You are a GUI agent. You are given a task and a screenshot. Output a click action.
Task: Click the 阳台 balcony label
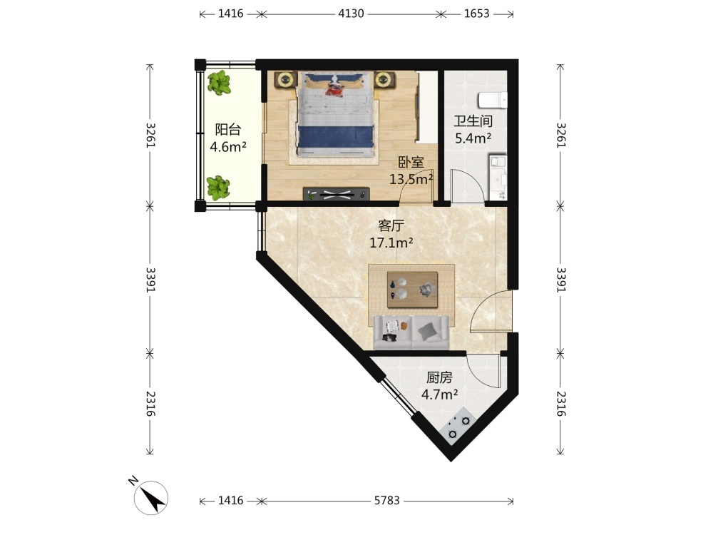(x=228, y=130)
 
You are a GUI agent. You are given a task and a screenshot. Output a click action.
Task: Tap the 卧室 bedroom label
(x=411, y=162)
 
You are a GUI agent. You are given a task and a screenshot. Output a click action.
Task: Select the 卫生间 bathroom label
(x=473, y=121)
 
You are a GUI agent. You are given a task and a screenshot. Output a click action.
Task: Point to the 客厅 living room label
(x=391, y=225)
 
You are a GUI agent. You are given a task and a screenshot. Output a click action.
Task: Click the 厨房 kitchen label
(x=439, y=377)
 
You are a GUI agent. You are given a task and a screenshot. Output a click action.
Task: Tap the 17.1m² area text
(x=391, y=243)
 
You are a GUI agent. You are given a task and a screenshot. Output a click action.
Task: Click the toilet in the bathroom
(x=493, y=100)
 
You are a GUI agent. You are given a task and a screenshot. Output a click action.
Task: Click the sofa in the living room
(x=411, y=332)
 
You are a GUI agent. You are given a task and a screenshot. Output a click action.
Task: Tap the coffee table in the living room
(x=412, y=290)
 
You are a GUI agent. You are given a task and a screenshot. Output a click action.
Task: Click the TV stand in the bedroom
(x=336, y=194)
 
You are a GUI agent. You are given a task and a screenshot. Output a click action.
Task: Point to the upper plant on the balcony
(x=219, y=83)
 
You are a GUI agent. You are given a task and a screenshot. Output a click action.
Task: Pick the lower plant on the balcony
(x=217, y=188)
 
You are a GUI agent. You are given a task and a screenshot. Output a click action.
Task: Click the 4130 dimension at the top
(x=351, y=14)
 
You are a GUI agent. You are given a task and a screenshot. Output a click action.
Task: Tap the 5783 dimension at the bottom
(x=387, y=501)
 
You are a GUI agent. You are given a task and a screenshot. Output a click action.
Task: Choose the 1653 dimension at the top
(x=476, y=14)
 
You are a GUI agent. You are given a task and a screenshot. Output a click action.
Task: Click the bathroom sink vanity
(x=498, y=178)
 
